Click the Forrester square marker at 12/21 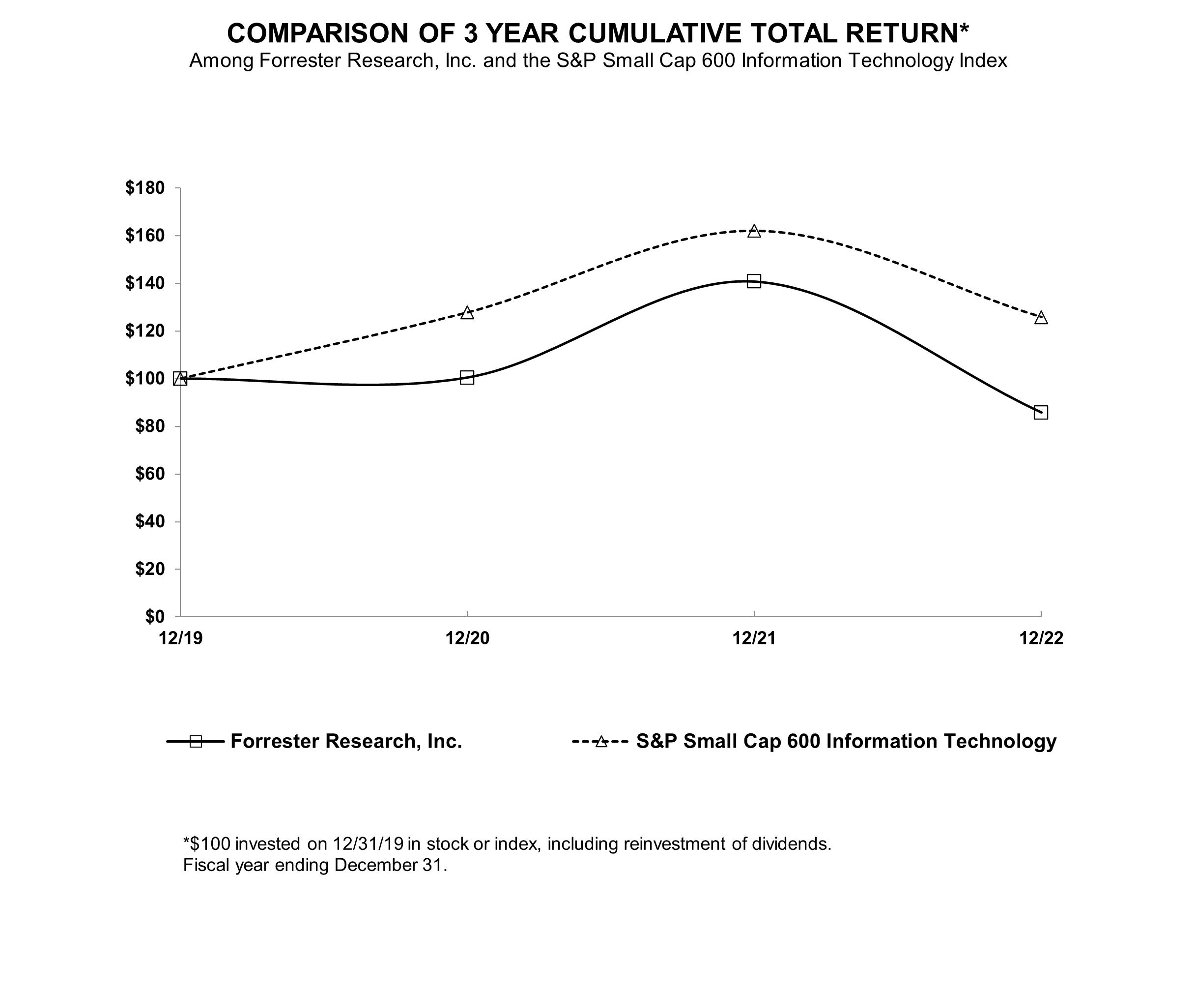click(753, 281)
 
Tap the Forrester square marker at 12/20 click(467, 377)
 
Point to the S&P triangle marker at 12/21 click(753, 231)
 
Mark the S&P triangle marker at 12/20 click(467, 313)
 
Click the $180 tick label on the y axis click(144, 187)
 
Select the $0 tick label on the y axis click(154, 616)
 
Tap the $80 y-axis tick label click(149, 426)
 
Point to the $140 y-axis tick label click(144, 283)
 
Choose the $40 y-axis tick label click(149, 521)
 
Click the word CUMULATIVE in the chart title click(655, 33)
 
